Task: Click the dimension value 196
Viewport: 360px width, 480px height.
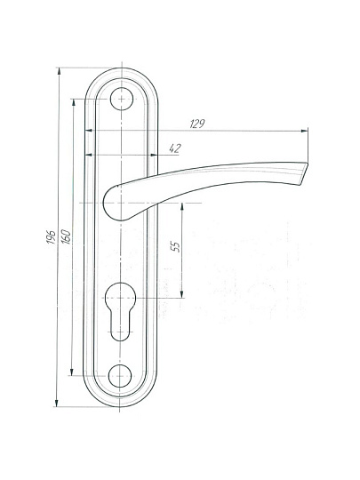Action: tap(52, 237)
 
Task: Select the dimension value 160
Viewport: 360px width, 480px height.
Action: tap(66, 236)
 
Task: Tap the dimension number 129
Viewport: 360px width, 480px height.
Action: tap(196, 124)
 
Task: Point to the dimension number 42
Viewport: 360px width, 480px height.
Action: tap(175, 148)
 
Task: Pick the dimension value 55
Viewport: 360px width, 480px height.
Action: tap(175, 246)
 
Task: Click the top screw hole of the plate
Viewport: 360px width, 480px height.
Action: tap(122, 99)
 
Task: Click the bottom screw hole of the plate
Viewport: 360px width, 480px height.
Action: tap(120, 376)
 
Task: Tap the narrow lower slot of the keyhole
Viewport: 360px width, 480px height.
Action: tap(120, 326)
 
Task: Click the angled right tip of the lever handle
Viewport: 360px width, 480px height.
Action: tap(302, 173)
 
